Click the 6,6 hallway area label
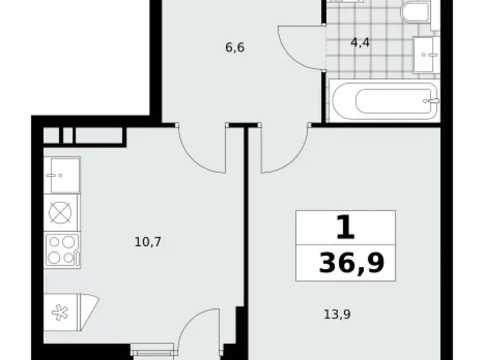click(x=235, y=47)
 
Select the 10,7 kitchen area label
click(x=148, y=241)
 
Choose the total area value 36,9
click(x=351, y=263)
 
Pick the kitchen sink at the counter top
click(x=61, y=175)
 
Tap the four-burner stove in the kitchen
click(x=61, y=250)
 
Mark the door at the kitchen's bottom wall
click(x=199, y=332)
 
